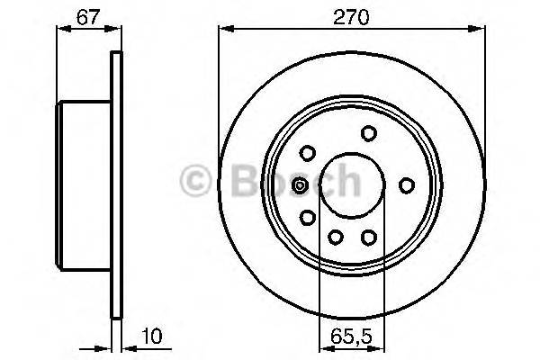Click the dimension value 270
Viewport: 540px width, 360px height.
point(353,15)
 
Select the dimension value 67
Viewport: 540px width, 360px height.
point(87,15)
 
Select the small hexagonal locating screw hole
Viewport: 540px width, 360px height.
point(300,185)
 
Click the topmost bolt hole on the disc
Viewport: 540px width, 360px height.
point(368,133)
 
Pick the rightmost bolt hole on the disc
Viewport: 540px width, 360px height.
point(406,185)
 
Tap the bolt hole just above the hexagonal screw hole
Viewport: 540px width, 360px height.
point(307,153)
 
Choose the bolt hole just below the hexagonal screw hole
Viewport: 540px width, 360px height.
point(307,217)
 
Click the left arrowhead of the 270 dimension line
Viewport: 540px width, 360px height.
point(224,30)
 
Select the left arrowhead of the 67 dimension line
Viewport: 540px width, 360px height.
point(62,30)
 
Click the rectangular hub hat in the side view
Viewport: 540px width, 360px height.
point(85,186)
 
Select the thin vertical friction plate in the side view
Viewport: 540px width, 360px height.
point(115,186)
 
